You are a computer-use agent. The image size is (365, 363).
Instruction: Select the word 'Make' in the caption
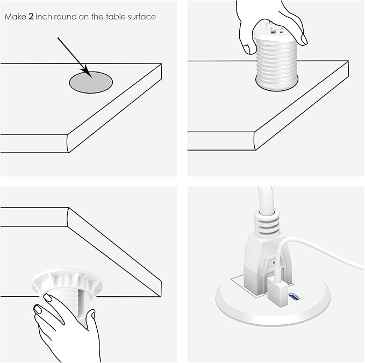pyautogui.click(x=14, y=17)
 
